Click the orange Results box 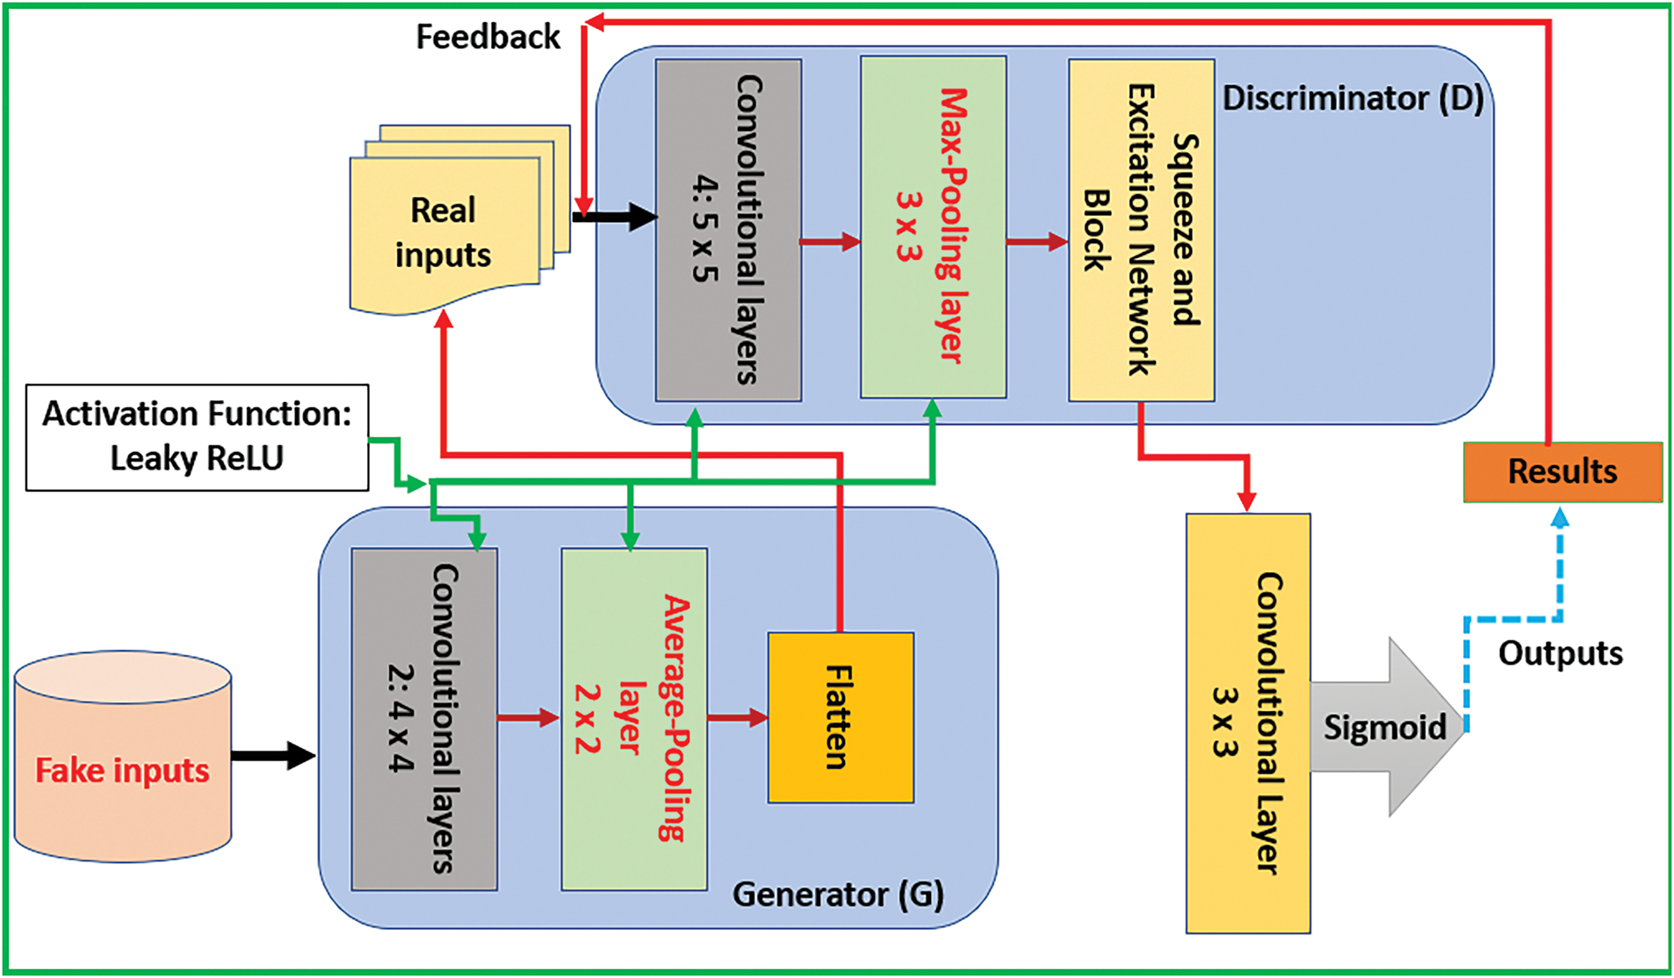(1562, 472)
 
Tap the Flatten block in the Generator (841, 717)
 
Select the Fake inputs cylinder (123, 757)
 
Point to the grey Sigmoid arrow (1386, 727)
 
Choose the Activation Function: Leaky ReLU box (197, 437)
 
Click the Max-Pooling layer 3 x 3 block (933, 227)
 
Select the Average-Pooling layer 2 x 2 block (634, 719)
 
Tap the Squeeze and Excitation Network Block (1141, 230)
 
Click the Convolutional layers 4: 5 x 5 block (728, 230)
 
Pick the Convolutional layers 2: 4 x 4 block (424, 719)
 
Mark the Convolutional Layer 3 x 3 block (1248, 723)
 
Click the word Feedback (487, 37)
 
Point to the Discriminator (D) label (1353, 98)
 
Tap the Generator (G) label (838, 895)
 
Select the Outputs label (1560, 653)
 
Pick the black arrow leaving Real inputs (615, 216)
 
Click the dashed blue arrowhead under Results (1560, 518)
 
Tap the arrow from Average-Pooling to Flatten (738, 718)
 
